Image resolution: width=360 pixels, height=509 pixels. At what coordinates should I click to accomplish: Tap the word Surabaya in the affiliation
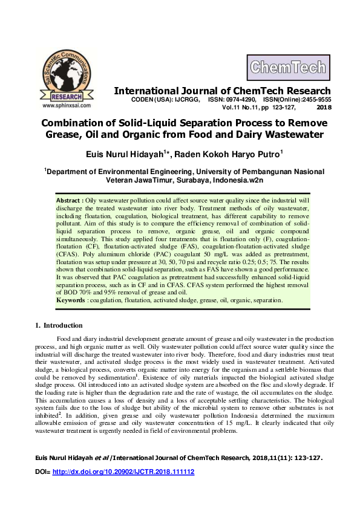pyautogui.click(x=196, y=180)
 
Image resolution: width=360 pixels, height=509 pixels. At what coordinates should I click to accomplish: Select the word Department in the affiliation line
pyautogui.click(x=71, y=172)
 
